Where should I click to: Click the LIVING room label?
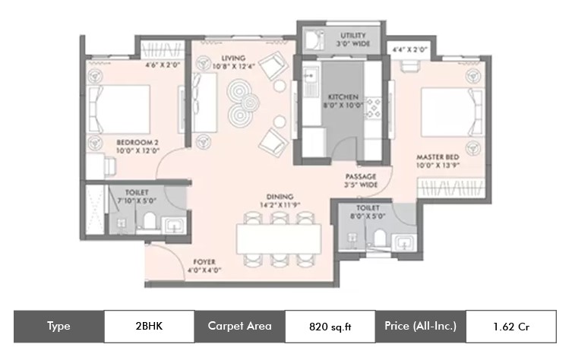click(x=233, y=58)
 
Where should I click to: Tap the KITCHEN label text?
click(x=343, y=97)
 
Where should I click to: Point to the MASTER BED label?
click(x=438, y=157)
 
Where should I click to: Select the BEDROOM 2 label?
click(x=137, y=142)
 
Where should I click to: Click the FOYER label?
click(x=204, y=262)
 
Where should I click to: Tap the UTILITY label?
click(x=353, y=36)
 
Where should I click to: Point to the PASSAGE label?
click(x=361, y=176)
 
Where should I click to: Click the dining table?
click(x=279, y=239)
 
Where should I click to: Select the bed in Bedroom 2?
click(x=119, y=109)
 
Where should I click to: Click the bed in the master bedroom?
click(x=452, y=112)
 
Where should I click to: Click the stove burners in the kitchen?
click(x=373, y=108)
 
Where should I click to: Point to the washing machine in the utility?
click(x=314, y=39)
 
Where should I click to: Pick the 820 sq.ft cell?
click(x=330, y=327)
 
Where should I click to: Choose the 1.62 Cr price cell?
click(x=511, y=327)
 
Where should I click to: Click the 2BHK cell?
click(x=149, y=327)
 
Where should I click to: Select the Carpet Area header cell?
click(x=240, y=327)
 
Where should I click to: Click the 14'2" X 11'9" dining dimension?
click(x=280, y=205)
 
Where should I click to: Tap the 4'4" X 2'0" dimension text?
click(x=409, y=49)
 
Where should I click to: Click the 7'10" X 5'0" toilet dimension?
click(x=137, y=201)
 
